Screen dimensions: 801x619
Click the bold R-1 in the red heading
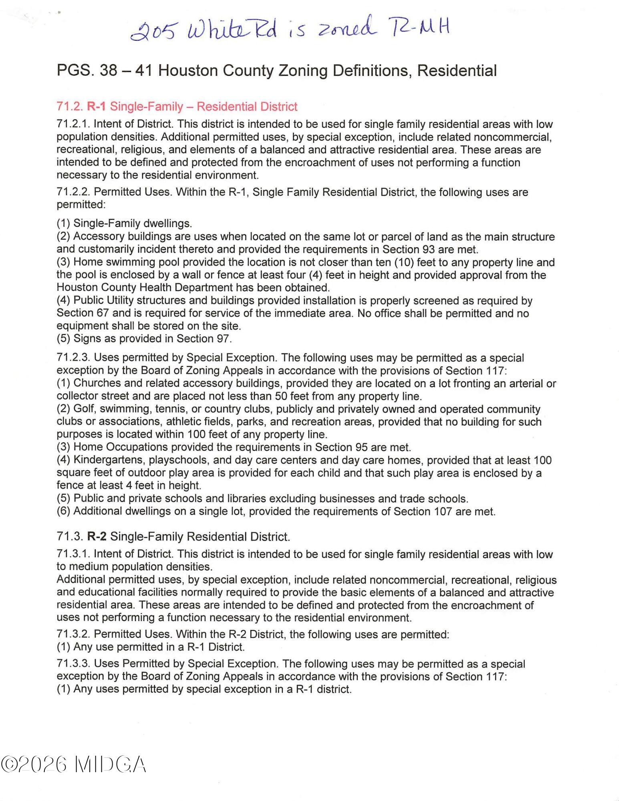point(97,107)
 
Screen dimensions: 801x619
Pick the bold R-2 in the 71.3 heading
point(97,537)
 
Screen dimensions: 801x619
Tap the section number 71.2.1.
point(73,125)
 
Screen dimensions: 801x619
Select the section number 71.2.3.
point(73,358)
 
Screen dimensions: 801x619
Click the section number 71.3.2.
point(73,634)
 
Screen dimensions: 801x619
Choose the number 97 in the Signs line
point(223,339)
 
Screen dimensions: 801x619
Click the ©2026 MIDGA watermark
point(73,765)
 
